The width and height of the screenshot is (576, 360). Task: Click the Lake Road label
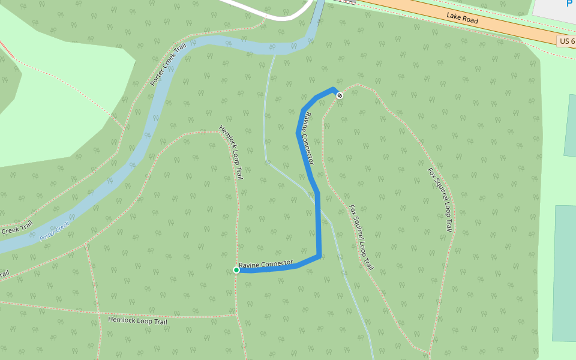pos(462,19)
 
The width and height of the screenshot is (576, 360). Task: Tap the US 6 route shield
pos(566,41)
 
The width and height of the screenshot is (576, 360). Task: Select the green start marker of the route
pos(236,270)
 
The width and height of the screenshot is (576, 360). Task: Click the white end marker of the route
pos(340,95)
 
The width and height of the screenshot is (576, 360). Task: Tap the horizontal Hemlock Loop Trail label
pos(137,321)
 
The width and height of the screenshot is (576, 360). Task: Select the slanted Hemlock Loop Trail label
pos(231,152)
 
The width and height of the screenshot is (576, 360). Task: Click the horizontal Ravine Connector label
pos(266,264)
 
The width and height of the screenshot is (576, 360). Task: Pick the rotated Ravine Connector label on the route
pos(309,139)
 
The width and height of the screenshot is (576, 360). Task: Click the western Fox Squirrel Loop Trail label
pos(361,237)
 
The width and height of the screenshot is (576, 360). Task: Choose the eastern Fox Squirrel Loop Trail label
pos(440,199)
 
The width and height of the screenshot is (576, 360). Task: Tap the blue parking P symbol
pos(569,4)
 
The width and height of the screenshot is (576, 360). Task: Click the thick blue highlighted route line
pos(317,222)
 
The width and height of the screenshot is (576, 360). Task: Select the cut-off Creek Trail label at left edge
pos(16,229)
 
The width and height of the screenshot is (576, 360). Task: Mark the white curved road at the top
pos(276,16)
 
